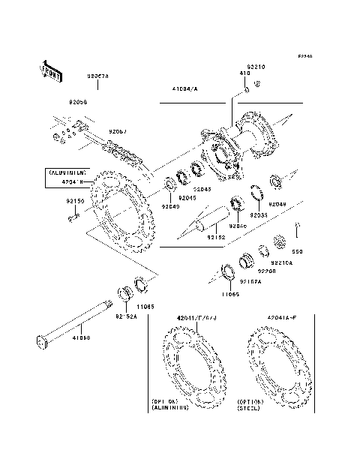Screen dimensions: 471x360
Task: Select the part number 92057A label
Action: (x=97, y=76)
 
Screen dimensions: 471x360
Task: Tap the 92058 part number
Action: (x=79, y=101)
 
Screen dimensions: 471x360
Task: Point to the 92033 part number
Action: (x=258, y=214)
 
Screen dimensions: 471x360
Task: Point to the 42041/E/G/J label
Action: (x=196, y=319)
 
